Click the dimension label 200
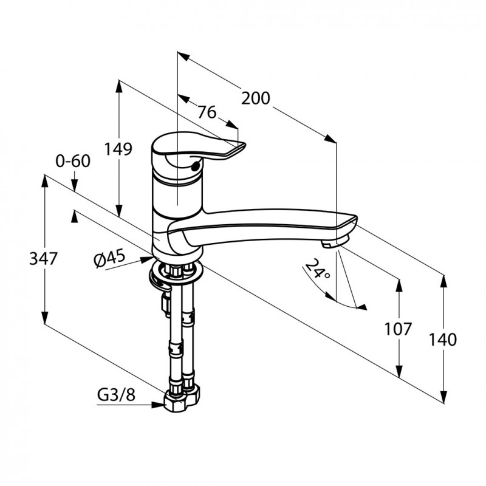(x=256, y=98)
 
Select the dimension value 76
(x=207, y=112)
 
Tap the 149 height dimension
(x=118, y=149)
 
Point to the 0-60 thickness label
(x=73, y=161)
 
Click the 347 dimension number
(x=43, y=259)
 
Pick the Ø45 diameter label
(x=109, y=258)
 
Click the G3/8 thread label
(x=116, y=395)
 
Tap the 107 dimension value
(x=398, y=329)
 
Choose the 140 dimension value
(x=443, y=340)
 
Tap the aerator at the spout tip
(x=335, y=242)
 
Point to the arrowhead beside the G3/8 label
(x=157, y=405)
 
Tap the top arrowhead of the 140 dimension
(x=444, y=281)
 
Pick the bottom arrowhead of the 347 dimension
(x=45, y=317)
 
